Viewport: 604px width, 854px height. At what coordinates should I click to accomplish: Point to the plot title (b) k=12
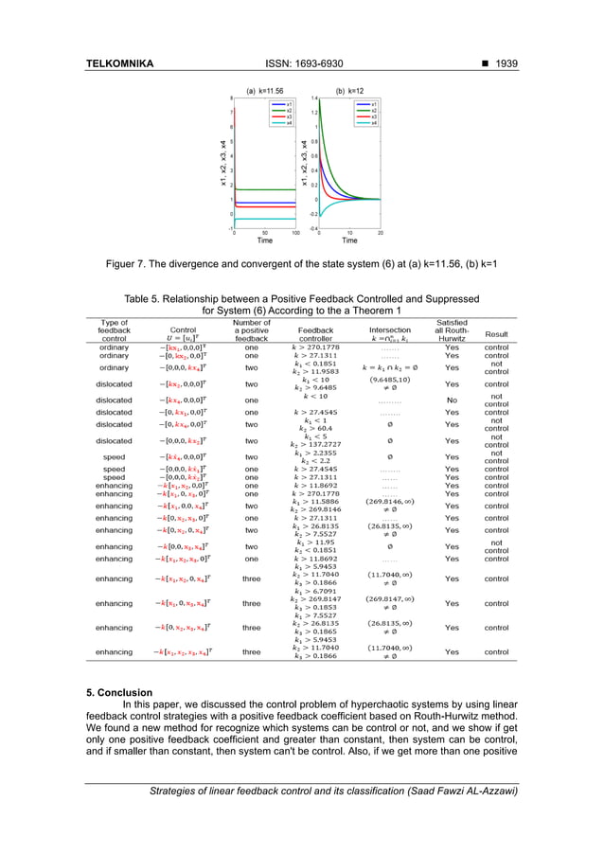[x=350, y=90]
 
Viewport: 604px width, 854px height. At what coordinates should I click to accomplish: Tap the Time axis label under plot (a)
[x=266, y=240]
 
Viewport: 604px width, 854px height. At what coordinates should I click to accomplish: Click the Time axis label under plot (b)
[x=349, y=240]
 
